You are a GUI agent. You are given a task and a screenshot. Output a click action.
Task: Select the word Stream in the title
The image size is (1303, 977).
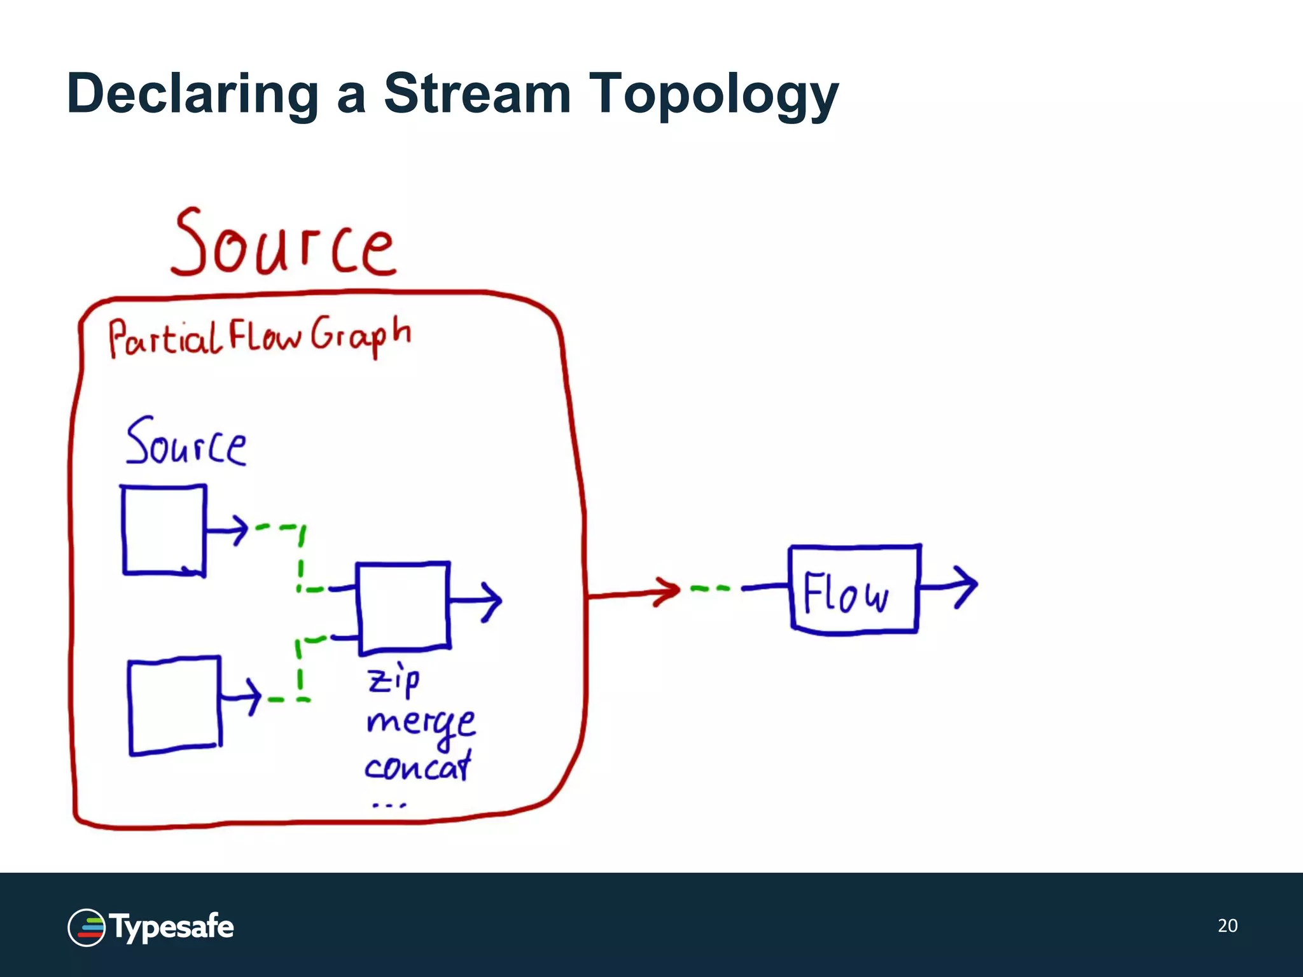coord(477,94)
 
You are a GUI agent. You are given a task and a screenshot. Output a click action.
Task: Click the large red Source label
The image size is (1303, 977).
coord(283,245)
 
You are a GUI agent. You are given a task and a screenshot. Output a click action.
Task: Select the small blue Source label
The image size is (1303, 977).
coord(186,442)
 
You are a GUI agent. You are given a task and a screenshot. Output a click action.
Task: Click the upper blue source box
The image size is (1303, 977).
coord(164,530)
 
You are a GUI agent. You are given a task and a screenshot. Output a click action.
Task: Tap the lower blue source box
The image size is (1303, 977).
coord(174,706)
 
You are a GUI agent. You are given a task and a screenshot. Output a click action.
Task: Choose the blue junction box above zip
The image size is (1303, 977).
coord(403,607)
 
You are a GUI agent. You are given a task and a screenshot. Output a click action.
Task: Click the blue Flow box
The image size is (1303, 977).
coord(854,589)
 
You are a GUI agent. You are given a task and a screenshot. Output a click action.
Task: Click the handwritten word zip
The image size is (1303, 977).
coord(393,681)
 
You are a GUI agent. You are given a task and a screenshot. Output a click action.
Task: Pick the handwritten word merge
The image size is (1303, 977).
coord(420,724)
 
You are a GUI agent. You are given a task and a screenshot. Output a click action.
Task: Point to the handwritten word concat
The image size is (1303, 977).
coord(418,766)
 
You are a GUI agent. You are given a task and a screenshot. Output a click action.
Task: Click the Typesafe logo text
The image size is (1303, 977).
coord(172,927)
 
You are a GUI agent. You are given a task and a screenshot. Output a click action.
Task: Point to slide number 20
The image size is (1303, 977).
coord(1227,925)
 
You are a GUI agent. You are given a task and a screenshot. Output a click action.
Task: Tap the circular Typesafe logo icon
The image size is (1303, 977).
coord(86,927)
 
